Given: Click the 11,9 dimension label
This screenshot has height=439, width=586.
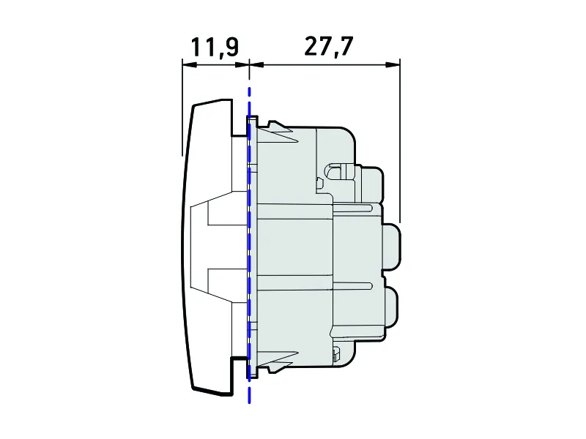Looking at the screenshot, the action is coord(215,47).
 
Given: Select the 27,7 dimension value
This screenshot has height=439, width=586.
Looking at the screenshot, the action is coord(328,46).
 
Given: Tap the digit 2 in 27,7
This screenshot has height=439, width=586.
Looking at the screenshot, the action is coord(312,46).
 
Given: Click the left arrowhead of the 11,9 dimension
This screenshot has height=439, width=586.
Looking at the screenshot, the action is coord(190,64).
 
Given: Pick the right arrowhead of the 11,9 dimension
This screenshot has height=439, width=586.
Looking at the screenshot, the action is coord(242,64).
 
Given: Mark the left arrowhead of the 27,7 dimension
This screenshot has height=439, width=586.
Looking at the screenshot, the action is coord(257,64).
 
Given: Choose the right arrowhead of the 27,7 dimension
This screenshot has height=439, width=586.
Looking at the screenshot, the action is coord(393,64).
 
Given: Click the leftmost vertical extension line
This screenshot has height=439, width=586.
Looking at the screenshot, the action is coord(182,107).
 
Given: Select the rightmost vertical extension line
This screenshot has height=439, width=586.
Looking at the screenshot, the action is coord(400,140).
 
